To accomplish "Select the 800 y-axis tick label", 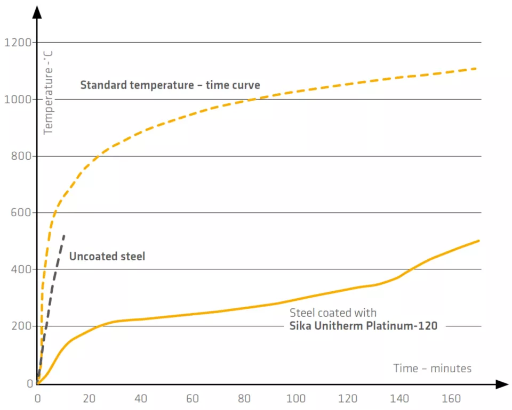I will [20, 157].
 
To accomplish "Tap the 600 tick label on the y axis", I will [20, 213].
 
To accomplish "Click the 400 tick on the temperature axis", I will [20, 270].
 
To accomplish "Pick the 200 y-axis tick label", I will [20, 326].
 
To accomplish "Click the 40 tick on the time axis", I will [141, 399].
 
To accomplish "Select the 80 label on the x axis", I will [245, 399].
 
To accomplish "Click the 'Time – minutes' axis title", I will [433, 368].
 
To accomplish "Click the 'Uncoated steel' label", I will [107, 257].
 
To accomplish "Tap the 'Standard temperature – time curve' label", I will [170, 85].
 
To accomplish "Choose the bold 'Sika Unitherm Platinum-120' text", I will [363, 326].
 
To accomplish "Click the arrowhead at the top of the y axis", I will [37, 12].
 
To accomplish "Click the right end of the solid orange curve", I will [478, 241].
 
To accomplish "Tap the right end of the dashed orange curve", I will [475, 68].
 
